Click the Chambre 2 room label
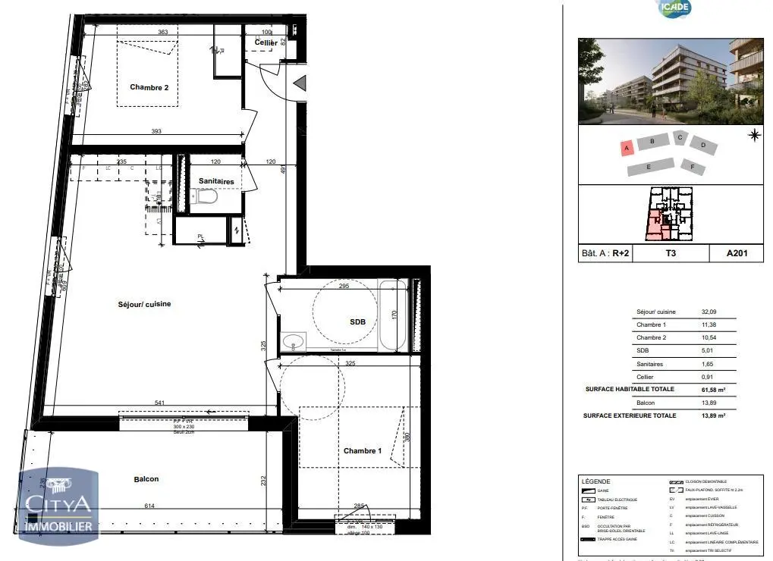[149, 87]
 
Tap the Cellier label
[266, 43]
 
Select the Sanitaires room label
[216, 182]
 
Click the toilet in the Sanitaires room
[206, 198]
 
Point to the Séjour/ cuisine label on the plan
[144, 304]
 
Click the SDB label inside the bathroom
[357, 321]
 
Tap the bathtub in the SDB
[393, 315]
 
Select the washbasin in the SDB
[292, 342]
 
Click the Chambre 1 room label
[362, 451]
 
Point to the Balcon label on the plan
[146, 479]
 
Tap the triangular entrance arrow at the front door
[300, 83]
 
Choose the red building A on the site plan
[627, 149]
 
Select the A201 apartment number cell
[735, 254]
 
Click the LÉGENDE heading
[595, 482]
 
